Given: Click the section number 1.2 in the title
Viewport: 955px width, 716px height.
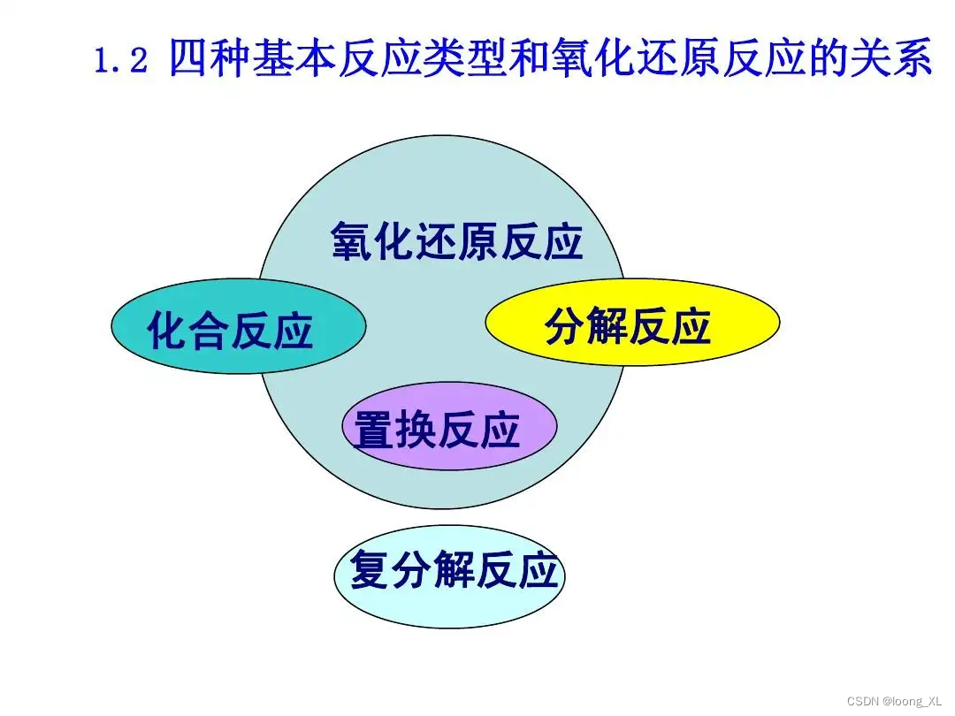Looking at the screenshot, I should (120, 62).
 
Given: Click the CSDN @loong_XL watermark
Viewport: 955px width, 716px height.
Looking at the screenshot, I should (892, 700).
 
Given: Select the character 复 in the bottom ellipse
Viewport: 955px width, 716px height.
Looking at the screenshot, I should (371, 569).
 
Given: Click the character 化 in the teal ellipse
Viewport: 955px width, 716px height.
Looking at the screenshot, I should (167, 331).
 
